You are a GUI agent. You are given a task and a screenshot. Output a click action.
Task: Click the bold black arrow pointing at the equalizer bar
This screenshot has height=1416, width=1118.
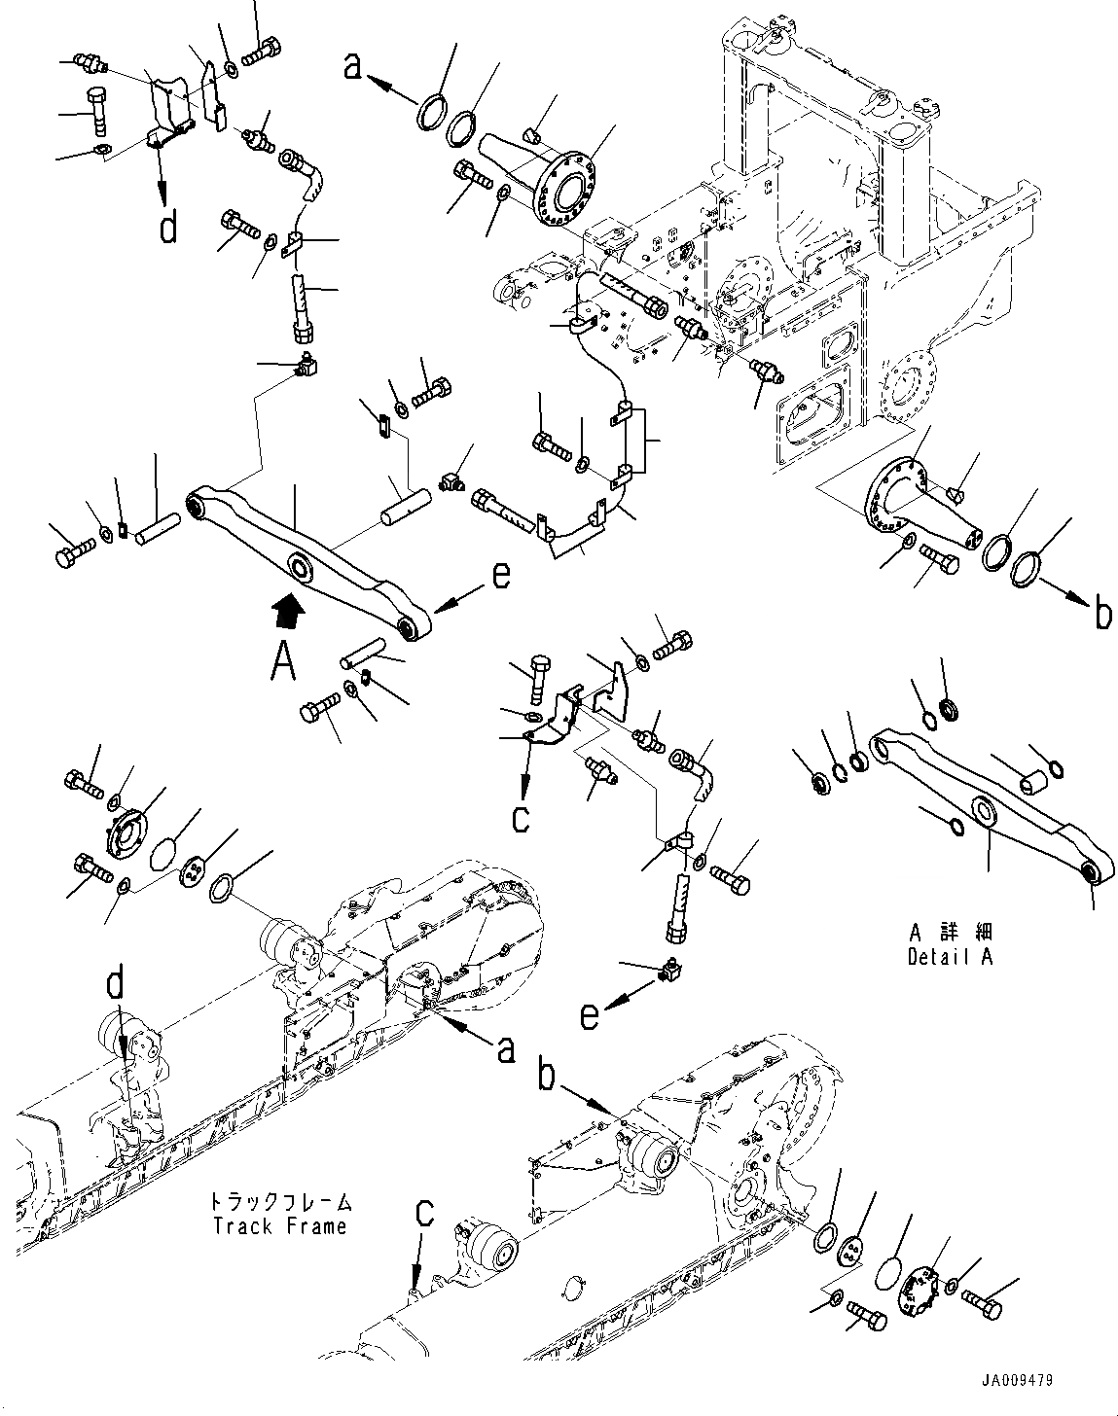tap(289, 610)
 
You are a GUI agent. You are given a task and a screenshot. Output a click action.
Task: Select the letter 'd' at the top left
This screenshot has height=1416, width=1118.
tap(168, 229)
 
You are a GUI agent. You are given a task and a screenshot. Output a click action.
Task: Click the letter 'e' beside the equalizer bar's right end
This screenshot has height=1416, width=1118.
tap(500, 576)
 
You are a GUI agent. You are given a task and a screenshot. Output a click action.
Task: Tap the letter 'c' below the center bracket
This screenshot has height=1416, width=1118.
tap(522, 818)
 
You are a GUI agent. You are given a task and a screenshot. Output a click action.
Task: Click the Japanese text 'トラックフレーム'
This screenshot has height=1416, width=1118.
tap(280, 1203)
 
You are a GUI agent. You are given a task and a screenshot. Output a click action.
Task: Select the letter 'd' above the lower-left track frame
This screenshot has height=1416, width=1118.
tap(116, 986)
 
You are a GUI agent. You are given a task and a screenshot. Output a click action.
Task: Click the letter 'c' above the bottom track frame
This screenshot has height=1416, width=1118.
tap(423, 1212)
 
